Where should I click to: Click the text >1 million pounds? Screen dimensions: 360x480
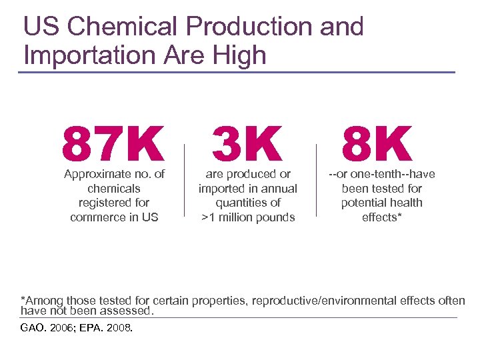click(248, 217)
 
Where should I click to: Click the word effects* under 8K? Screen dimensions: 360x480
click(382, 217)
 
